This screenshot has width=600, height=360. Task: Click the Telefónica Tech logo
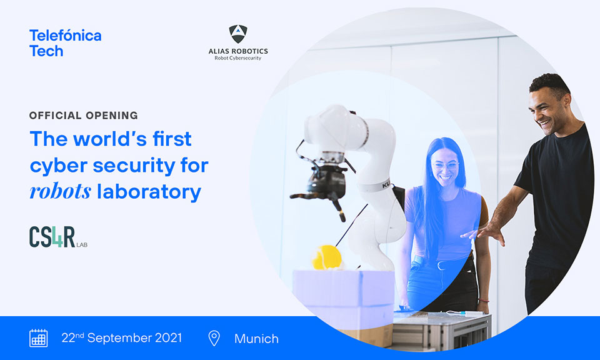click(x=66, y=43)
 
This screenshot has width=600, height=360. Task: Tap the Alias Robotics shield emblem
click(x=238, y=34)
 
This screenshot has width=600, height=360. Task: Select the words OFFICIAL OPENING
click(x=83, y=116)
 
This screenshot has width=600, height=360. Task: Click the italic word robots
click(x=61, y=191)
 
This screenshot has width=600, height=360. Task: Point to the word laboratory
click(x=149, y=192)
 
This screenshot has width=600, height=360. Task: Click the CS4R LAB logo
click(x=58, y=237)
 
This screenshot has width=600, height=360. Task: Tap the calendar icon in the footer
click(x=39, y=338)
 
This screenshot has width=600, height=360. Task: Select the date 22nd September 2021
click(x=122, y=337)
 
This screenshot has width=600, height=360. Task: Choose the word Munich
click(x=256, y=339)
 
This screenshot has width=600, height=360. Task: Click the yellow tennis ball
click(x=326, y=257)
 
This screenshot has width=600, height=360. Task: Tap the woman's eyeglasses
click(x=445, y=166)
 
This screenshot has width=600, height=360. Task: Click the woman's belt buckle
click(x=441, y=265)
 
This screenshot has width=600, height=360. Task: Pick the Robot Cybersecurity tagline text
click(x=238, y=58)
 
